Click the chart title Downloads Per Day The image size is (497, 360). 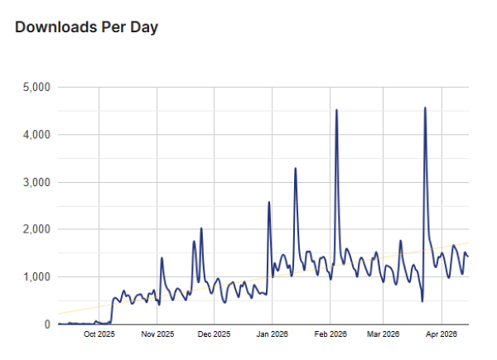pos(86,27)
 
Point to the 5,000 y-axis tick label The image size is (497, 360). pos(36,87)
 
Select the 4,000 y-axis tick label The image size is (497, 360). pos(36,134)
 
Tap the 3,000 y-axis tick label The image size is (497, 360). pos(36,182)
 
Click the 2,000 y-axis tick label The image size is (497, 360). pos(36,229)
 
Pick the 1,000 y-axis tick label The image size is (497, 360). pos(36,276)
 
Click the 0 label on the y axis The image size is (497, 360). pos(47,324)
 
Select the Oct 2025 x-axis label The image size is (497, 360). pos(99,335)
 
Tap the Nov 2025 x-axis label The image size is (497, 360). pos(157,335)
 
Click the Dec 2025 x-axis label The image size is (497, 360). pos(215,335)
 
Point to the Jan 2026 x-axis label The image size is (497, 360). pos(273,335)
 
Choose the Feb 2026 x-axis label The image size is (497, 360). pos(330,335)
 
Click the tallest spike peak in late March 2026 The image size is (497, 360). pos(425,108)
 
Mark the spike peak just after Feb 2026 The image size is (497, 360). pos(336,110)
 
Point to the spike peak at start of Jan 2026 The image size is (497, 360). pos(269,202)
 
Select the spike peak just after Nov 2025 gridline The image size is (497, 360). pos(162,257)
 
